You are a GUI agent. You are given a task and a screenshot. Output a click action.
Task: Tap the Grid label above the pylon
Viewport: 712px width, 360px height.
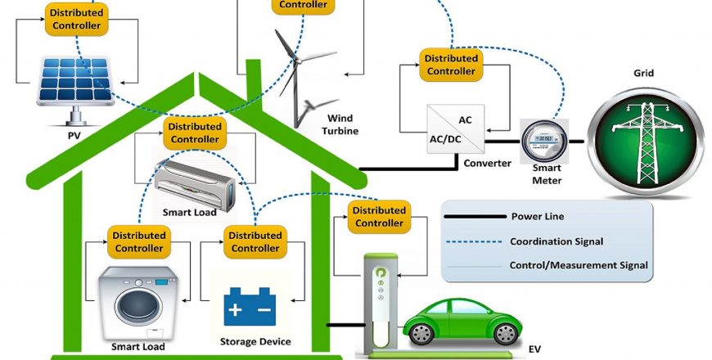coord(643,74)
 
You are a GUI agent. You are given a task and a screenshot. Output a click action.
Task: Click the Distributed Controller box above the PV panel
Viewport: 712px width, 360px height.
coord(76,19)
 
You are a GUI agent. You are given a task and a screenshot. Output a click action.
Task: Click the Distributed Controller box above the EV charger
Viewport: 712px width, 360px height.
coord(379,217)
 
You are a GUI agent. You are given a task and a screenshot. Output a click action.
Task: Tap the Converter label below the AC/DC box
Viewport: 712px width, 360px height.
coord(486,162)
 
